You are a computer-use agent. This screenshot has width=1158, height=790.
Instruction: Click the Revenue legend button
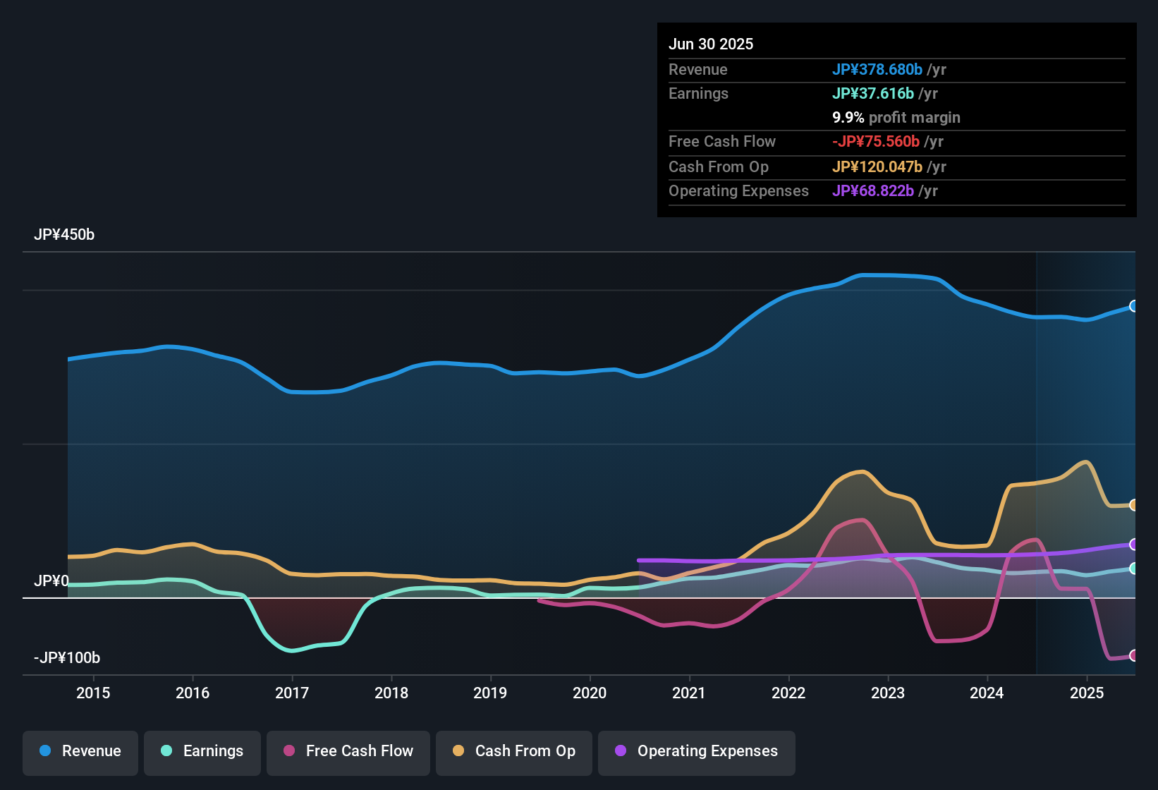[x=80, y=751]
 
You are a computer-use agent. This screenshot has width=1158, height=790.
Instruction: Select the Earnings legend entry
[x=202, y=751]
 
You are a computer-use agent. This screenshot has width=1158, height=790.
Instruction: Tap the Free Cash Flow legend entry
[x=348, y=751]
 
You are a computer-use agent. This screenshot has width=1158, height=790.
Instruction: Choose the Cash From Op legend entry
[x=514, y=751]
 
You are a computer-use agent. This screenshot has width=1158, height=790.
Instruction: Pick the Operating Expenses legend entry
[x=697, y=751]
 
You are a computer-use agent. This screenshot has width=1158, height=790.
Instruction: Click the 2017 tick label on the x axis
[x=292, y=693]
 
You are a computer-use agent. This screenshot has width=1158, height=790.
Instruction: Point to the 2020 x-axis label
[x=590, y=693]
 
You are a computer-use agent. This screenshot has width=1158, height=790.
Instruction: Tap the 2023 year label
[x=888, y=693]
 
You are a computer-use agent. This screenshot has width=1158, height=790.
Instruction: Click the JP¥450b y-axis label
[x=64, y=235]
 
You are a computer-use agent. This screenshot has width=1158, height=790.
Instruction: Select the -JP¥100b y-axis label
[x=67, y=658]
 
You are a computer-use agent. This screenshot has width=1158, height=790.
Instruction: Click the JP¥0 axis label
[x=51, y=581]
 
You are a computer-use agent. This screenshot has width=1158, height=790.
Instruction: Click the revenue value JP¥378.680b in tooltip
[x=877, y=70]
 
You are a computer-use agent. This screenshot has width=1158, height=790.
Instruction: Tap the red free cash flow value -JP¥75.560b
[x=876, y=142]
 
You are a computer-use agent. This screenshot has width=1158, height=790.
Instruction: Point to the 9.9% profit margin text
[x=896, y=118]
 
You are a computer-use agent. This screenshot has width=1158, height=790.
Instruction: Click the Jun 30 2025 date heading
[x=711, y=44]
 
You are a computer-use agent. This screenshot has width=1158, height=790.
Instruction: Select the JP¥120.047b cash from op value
[x=877, y=167]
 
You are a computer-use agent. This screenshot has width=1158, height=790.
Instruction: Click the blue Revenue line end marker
[x=1134, y=306]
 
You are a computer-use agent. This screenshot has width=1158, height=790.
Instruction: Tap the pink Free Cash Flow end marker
[x=1134, y=655]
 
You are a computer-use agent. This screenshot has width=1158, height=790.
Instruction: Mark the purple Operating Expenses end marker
[x=1134, y=545]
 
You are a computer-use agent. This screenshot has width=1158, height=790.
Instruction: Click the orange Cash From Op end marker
[x=1134, y=505]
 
